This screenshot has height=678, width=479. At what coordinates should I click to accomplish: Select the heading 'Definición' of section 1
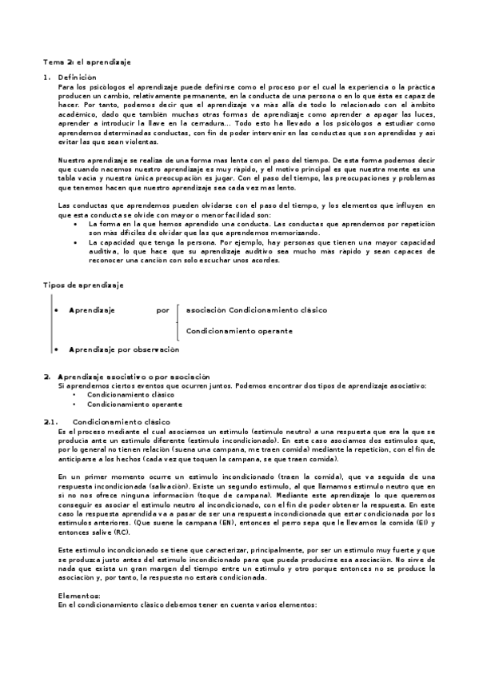(77, 77)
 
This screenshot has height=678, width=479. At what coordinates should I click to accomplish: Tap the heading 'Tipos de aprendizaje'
(82, 285)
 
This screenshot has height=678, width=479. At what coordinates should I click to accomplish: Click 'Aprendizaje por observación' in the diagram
(124, 349)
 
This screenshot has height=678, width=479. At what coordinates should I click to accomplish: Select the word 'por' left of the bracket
(163, 309)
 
